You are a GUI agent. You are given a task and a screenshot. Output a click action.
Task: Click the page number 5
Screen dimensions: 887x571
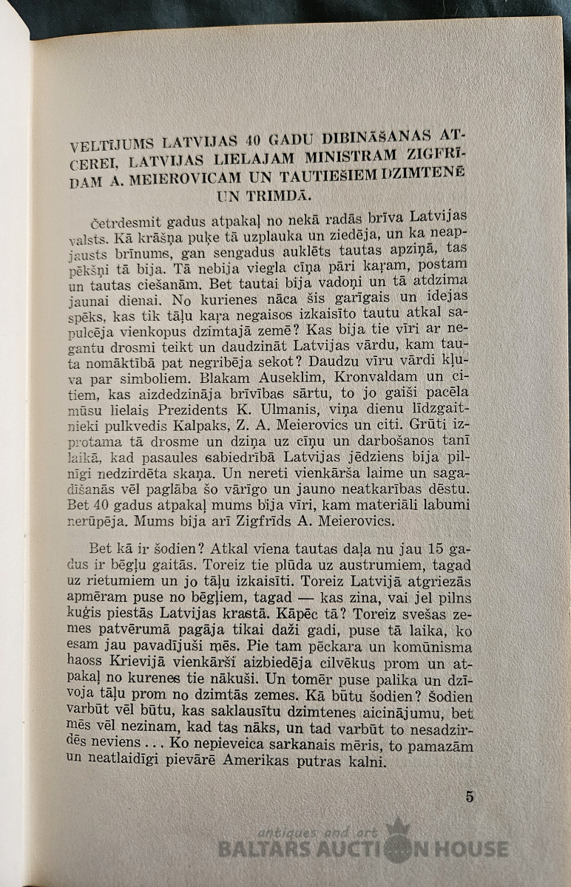point(470,796)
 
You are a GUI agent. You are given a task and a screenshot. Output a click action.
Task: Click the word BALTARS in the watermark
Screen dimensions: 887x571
point(260,849)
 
